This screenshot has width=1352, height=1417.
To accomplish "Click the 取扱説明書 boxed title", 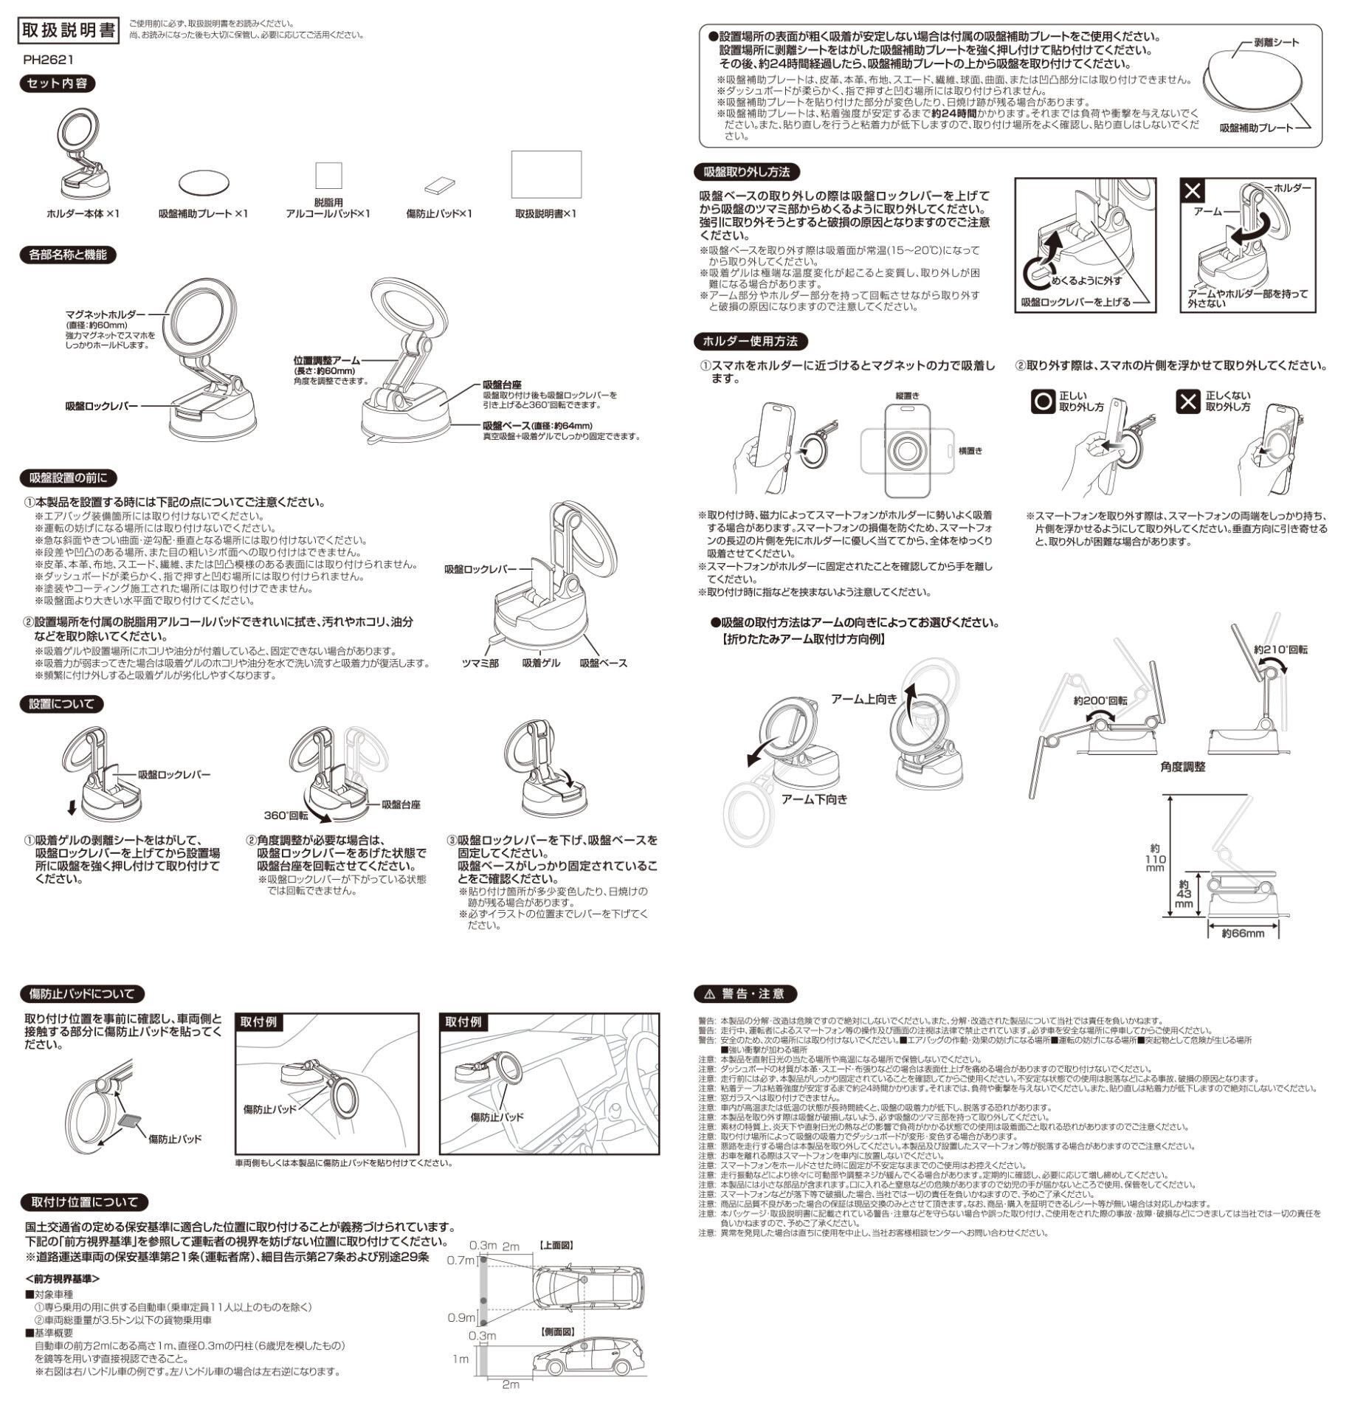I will coord(69,30).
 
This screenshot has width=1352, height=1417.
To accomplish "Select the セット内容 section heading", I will coord(57,83).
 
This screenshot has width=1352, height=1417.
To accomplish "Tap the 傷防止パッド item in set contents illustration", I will coord(440,185).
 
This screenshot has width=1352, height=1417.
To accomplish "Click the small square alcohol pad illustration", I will coord(329,176).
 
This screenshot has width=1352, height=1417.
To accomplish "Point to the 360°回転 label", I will coord(286,816).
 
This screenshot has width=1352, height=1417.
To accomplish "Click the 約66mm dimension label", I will coord(1243,934).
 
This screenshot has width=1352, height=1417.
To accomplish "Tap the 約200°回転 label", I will coord(1100,701).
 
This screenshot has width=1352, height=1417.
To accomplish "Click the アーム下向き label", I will coord(815,799).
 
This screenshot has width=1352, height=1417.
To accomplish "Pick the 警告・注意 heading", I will coord(745,993).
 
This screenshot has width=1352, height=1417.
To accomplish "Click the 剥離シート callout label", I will coord(1276,43).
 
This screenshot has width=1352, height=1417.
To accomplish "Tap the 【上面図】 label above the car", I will coord(557,1245).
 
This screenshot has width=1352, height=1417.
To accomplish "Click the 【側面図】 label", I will coord(557,1331).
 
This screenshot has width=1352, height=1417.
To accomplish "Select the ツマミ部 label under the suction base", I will coord(480,663).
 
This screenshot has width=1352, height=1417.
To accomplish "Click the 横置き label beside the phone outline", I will coord(970,450).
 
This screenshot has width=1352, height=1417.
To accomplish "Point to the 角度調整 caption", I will coord(1182,767).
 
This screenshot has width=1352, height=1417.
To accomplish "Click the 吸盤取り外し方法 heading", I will coord(747,172).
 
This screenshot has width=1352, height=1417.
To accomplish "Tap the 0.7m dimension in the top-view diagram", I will coord(461,1260).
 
